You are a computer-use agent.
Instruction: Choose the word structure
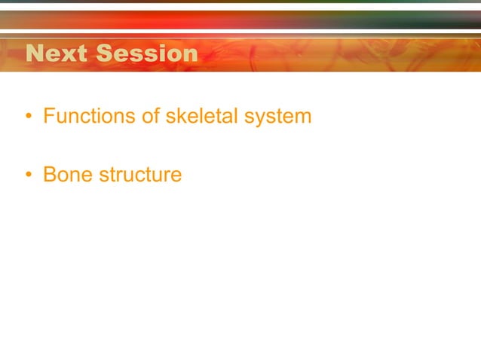click(140, 175)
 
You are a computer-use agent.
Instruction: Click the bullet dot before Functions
click(28, 117)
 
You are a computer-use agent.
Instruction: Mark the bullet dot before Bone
click(28, 175)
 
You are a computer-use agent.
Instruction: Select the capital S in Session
click(107, 54)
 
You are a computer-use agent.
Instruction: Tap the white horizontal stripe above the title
click(240, 33)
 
